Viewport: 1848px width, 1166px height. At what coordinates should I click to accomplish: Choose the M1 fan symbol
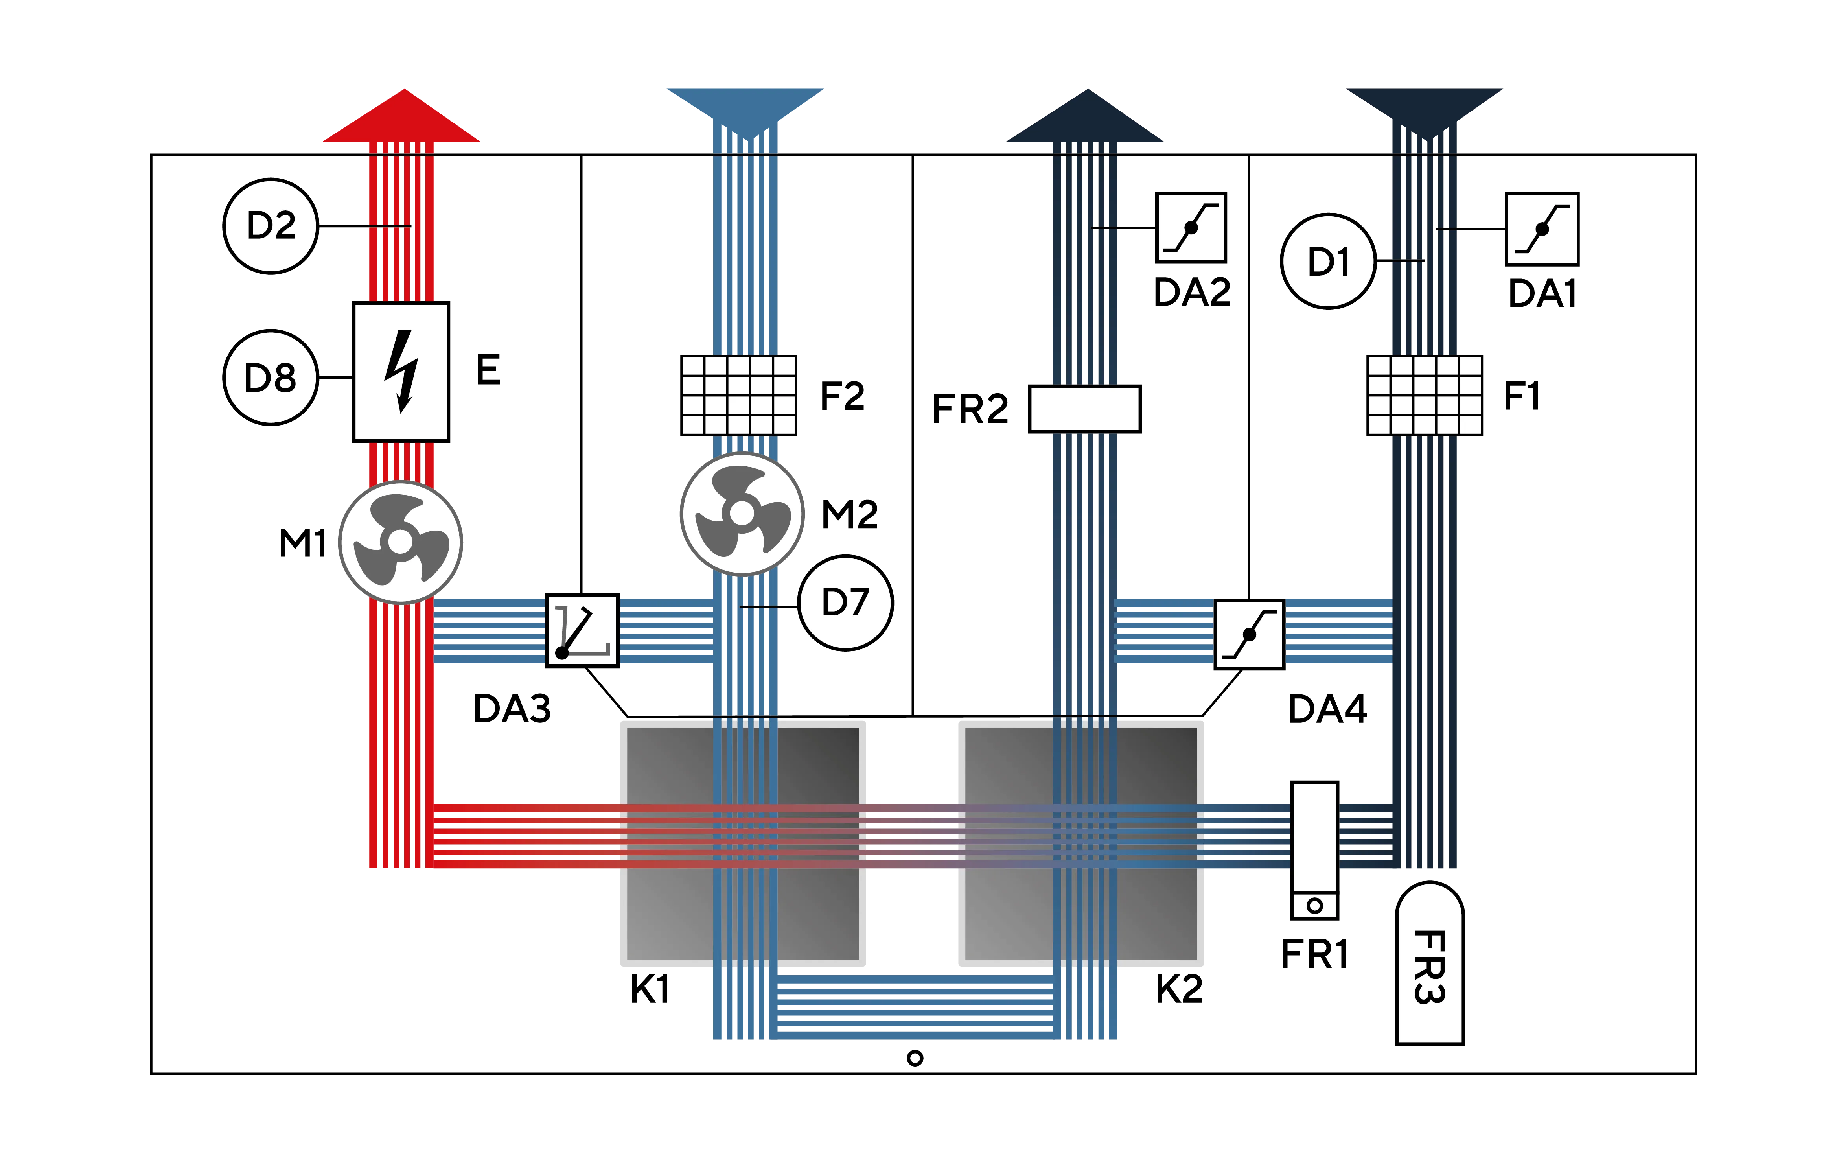[401, 542]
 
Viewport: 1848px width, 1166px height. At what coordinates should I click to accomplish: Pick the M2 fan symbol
[742, 514]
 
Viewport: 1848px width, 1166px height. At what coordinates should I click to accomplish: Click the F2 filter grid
[738, 395]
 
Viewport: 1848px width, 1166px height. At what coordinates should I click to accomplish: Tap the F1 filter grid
[1425, 395]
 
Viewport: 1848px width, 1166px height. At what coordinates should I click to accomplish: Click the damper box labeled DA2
[1191, 227]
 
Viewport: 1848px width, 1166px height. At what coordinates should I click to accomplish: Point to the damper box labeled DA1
[1542, 229]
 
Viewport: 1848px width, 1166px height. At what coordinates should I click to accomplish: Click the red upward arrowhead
[401, 115]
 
